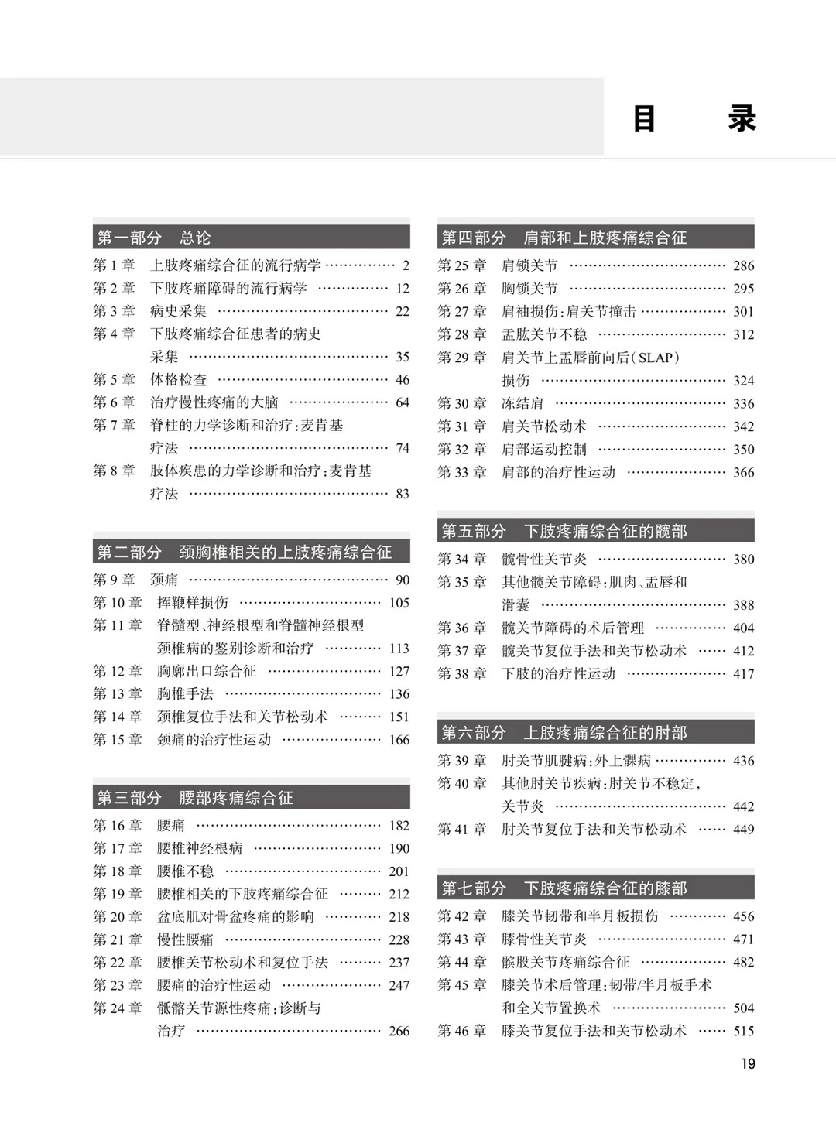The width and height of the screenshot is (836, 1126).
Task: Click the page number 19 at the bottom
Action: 748,1064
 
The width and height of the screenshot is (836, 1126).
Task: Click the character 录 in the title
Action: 742,120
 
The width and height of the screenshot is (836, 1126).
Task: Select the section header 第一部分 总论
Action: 153,238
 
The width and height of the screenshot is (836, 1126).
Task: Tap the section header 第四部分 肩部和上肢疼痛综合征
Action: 564,238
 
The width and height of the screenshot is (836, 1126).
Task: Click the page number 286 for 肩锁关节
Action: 743,265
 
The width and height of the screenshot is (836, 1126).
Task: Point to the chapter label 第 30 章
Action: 462,403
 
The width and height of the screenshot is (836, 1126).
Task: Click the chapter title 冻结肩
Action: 522,403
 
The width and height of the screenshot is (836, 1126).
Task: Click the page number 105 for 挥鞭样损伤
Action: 399,603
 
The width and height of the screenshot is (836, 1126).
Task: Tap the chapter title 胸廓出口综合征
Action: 207,671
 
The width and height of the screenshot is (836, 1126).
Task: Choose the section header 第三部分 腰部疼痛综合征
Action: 195,798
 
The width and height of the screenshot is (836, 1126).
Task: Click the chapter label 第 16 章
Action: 118,826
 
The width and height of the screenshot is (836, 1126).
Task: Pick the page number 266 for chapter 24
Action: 399,1031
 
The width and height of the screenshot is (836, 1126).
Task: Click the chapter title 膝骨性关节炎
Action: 544,939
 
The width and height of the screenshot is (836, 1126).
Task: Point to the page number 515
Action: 743,1031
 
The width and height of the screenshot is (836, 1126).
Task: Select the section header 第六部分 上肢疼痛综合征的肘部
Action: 564,733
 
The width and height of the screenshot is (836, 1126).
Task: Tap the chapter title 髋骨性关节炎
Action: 544,559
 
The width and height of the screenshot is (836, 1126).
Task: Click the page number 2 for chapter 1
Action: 406,265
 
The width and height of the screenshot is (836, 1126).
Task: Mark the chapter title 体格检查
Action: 179,380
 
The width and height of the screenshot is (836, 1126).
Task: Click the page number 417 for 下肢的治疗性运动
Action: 743,674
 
